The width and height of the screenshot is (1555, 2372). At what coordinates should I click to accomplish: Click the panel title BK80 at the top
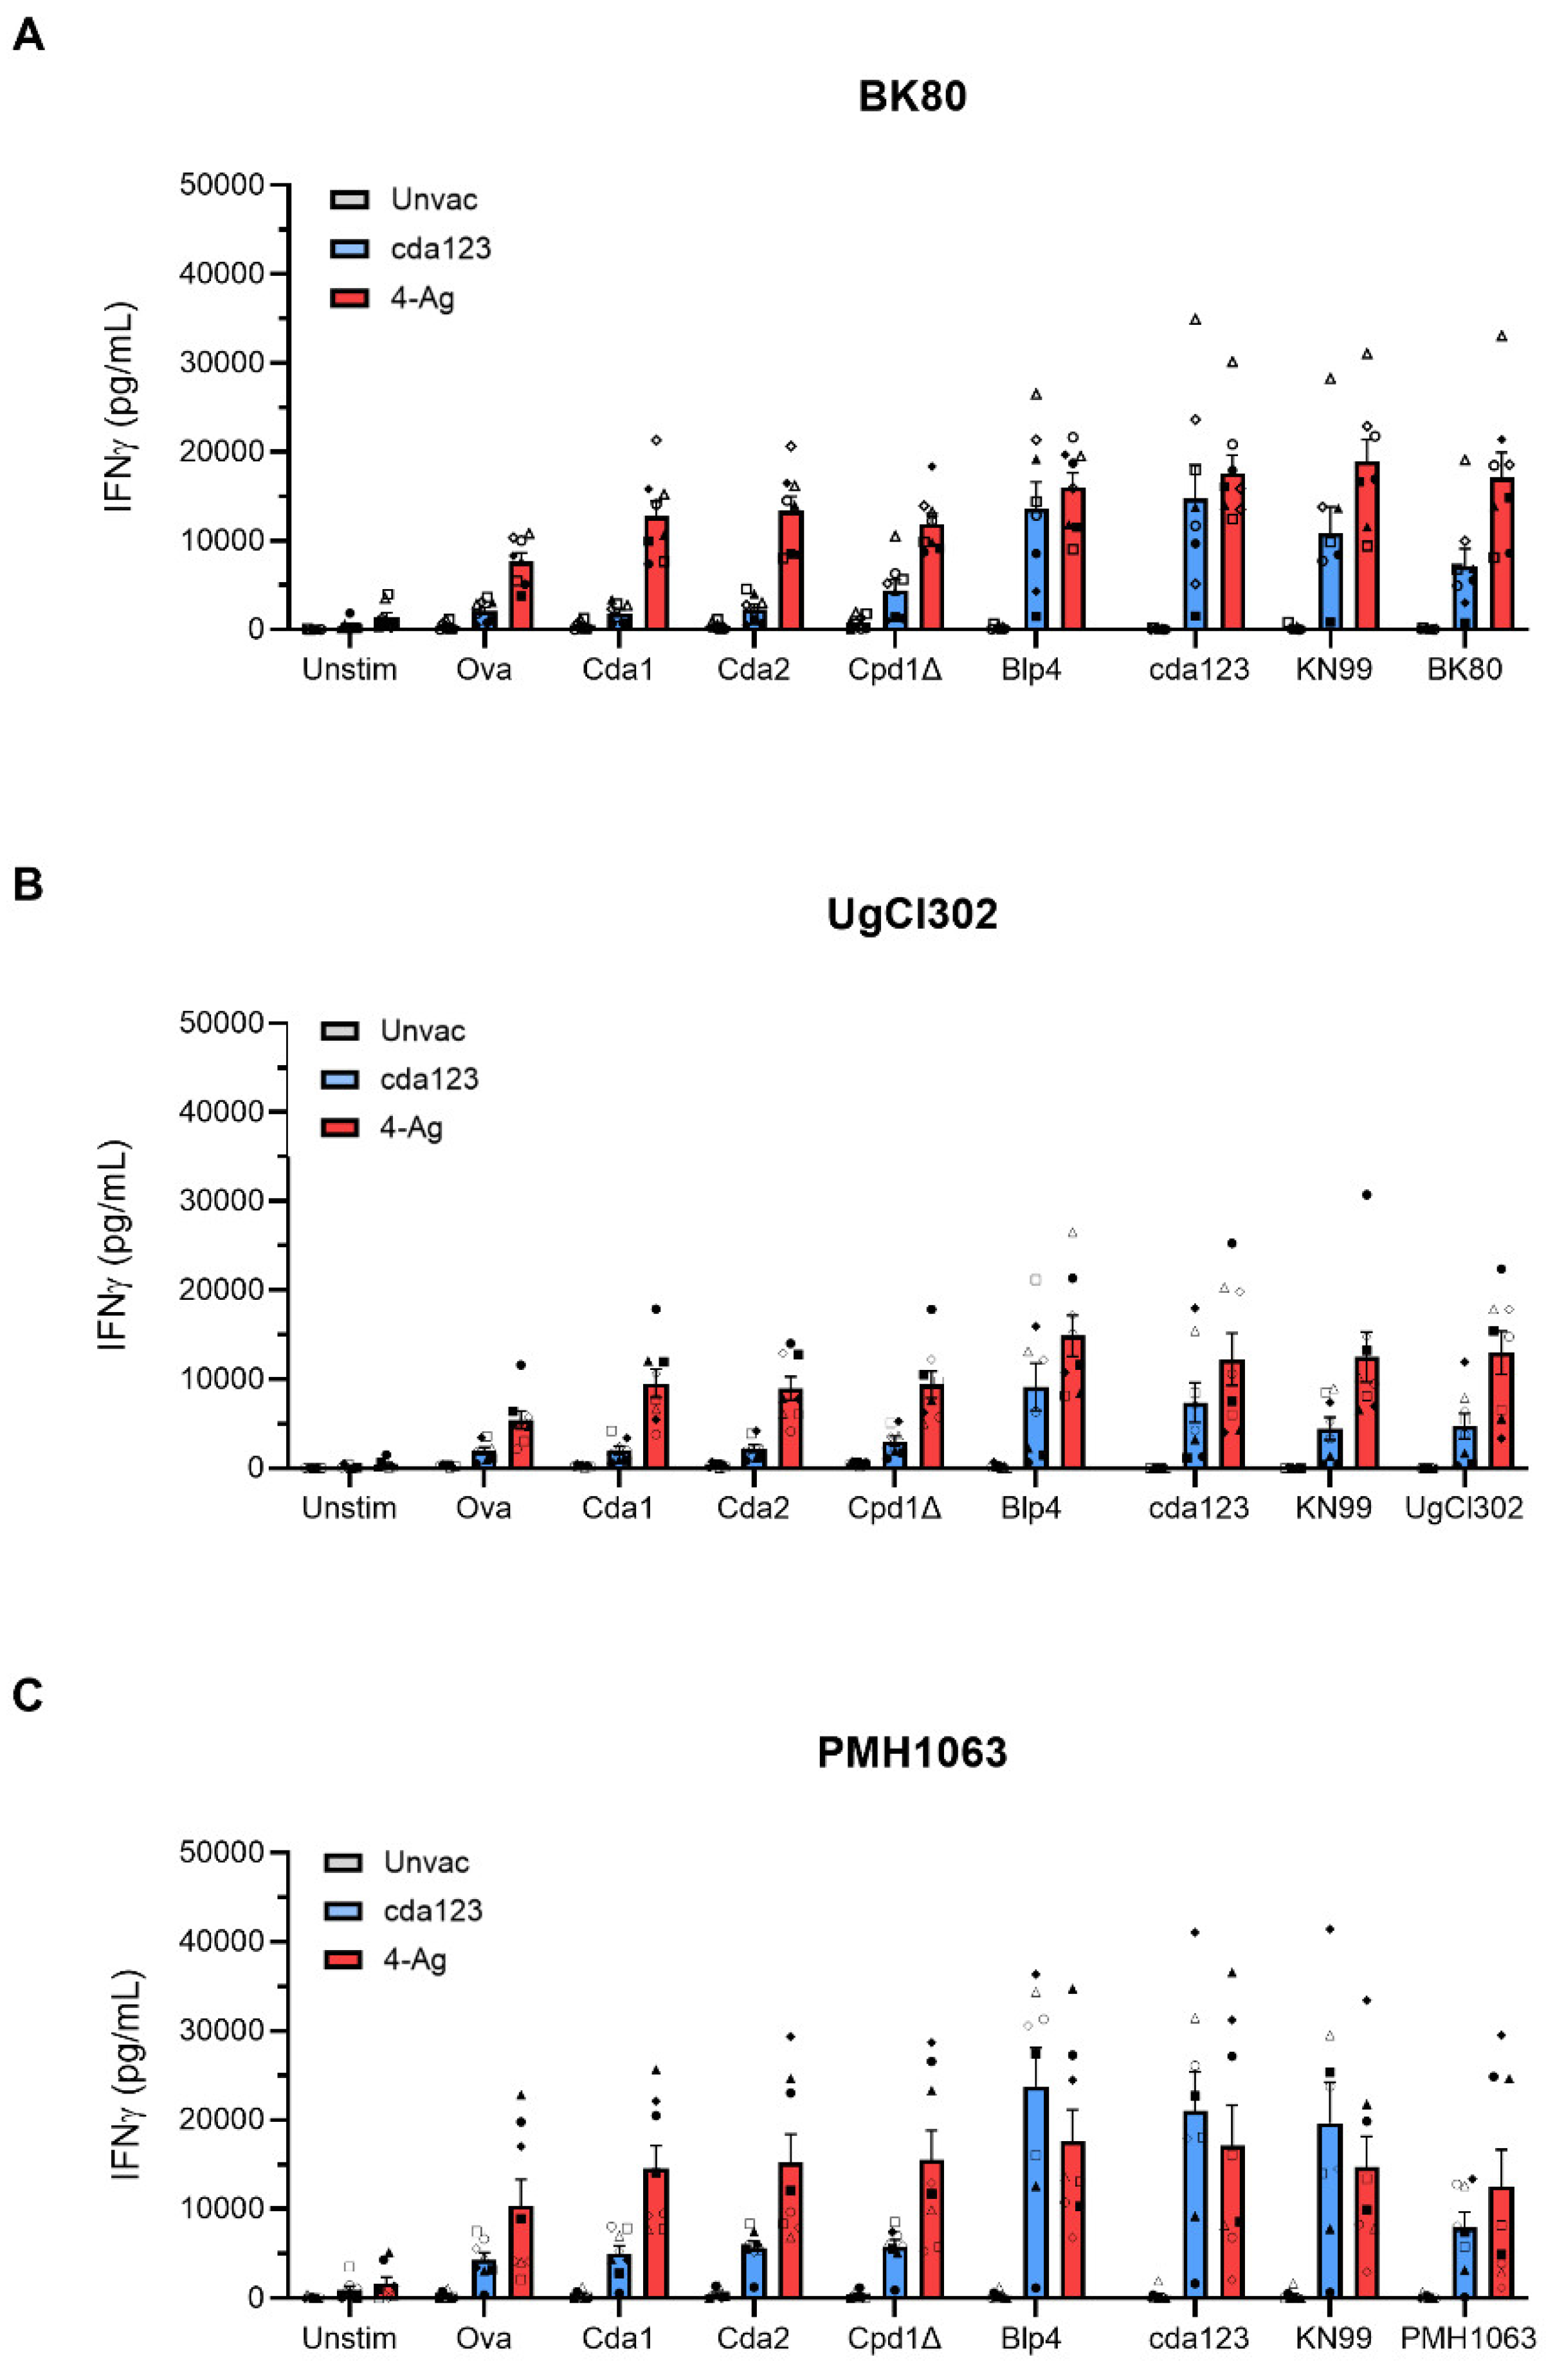[x=911, y=96]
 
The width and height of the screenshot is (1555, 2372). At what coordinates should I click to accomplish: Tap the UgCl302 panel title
[x=911, y=914]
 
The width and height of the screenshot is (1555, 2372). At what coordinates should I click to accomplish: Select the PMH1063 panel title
[x=911, y=1751]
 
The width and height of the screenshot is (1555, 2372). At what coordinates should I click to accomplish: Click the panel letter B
[x=27, y=884]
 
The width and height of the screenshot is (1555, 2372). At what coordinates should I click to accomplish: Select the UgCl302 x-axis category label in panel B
[x=1463, y=1508]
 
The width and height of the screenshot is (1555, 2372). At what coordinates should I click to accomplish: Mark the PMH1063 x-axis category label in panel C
[x=1468, y=2337]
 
